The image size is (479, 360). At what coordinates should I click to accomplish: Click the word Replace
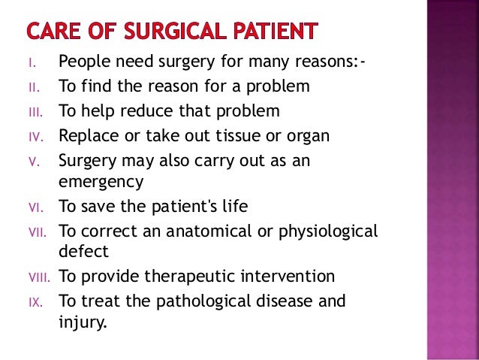pos(87,136)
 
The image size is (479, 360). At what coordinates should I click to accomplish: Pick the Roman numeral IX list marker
pos(36,302)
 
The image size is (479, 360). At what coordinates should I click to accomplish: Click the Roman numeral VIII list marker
pos(39,277)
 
